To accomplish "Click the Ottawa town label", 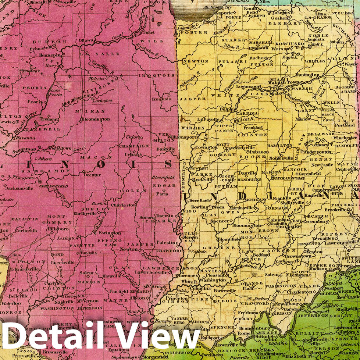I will tap(86, 40).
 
